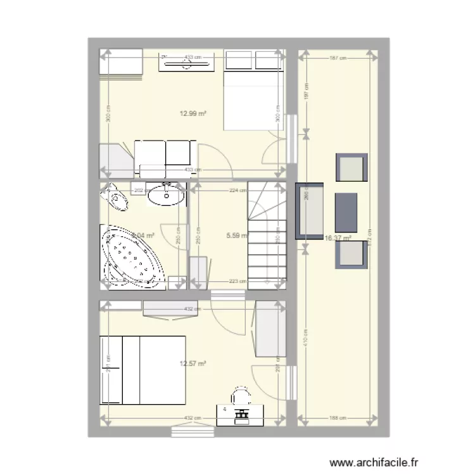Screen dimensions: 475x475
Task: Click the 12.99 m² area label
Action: click(x=194, y=114)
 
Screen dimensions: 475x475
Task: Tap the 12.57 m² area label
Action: click(x=194, y=364)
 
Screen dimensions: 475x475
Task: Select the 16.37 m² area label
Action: click(x=338, y=238)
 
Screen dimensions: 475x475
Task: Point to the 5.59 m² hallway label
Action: click(x=236, y=236)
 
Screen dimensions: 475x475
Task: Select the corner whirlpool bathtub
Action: click(x=134, y=260)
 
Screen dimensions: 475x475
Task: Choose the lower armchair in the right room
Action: click(x=351, y=254)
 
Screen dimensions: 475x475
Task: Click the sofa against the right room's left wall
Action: click(x=309, y=211)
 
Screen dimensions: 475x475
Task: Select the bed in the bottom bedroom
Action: click(x=142, y=369)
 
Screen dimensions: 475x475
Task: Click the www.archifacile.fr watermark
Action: click(x=375, y=463)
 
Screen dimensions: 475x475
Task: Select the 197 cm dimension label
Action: click(x=306, y=95)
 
